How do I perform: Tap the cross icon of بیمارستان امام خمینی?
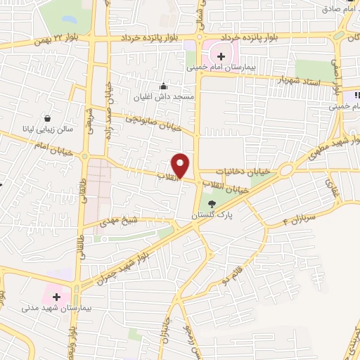click(221, 56)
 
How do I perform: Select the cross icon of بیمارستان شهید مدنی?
click(57, 296)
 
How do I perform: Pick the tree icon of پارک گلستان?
click(212, 204)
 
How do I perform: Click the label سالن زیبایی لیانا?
click(49, 129)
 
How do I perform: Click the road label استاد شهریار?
click(300, 81)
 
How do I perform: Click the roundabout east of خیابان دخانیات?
click(285, 170)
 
